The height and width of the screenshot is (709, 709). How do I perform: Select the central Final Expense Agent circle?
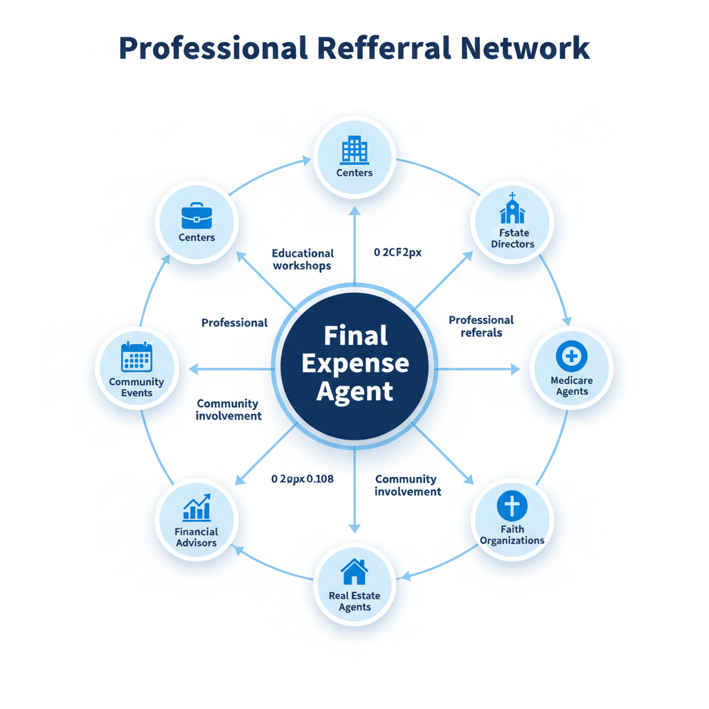[x=354, y=364]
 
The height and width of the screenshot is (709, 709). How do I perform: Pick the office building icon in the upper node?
[x=354, y=150]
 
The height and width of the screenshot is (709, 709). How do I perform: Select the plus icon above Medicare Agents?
[x=571, y=357]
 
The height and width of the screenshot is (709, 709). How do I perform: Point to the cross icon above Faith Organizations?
[x=512, y=506]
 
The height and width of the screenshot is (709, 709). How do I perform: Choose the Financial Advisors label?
[x=197, y=537]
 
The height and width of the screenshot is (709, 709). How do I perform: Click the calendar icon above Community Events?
[x=136, y=358]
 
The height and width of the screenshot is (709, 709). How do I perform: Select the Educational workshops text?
[x=303, y=260]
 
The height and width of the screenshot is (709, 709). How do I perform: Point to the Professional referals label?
[x=481, y=326]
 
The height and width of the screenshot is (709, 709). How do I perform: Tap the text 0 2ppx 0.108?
[x=303, y=478]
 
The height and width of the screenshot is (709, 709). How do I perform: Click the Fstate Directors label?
[x=512, y=238]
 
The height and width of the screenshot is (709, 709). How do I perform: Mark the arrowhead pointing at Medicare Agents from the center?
[x=515, y=369]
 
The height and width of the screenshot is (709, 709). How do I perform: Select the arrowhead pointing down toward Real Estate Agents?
[x=354, y=528]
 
